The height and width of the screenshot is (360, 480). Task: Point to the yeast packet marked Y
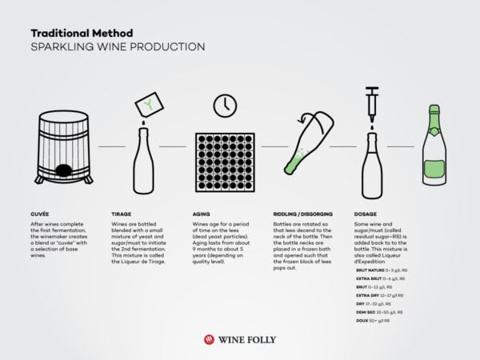(x=148, y=103)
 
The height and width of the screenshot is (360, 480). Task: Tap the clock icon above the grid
(x=224, y=106)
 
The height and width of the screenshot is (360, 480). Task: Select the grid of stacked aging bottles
(x=224, y=162)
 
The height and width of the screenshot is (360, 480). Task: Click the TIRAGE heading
(x=122, y=214)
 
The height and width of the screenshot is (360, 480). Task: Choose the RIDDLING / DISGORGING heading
(x=302, y=214)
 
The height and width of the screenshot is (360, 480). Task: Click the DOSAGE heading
(x=366, y=214)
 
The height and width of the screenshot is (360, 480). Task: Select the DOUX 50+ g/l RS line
(x=373, y=319)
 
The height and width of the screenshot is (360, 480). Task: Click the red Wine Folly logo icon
(x=210, y=338)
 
